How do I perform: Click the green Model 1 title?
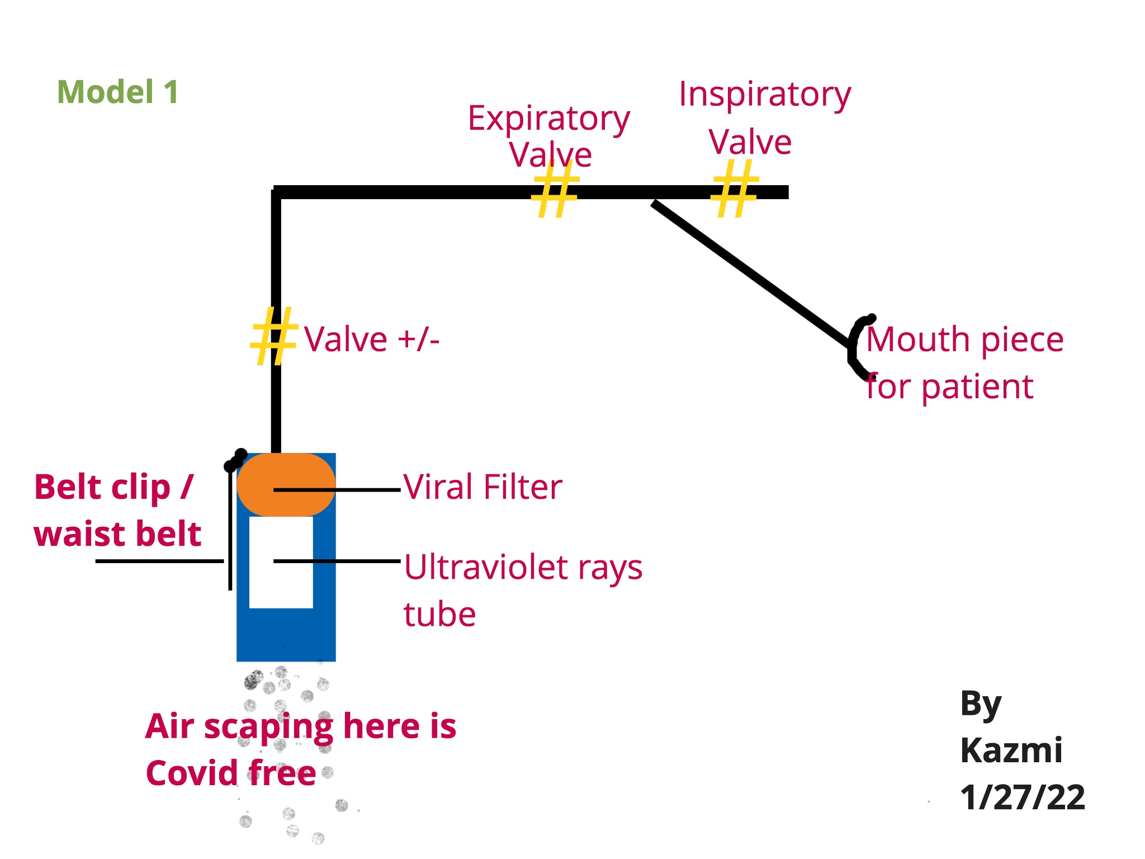pyautogui.click(x=118, y=92)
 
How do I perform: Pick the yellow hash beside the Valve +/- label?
pyautogui.click(x=273, y=337)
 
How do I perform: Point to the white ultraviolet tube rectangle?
pyautogui.click(x=281, y=582)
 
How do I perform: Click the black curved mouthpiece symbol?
pyautogui.click(x=855, y=347)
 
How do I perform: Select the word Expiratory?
pyautogui.click(x=549, y=119)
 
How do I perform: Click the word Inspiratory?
pyautogui.click(x=765, y=95)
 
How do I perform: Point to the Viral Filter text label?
pyautogui.click(x=483, y=487)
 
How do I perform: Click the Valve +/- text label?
pyautogui.click(x=372, y=339)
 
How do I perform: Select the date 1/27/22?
pyautogui.click(x=1023, y=797)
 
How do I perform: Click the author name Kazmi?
pyautogui.click(x=1011, y=750)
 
